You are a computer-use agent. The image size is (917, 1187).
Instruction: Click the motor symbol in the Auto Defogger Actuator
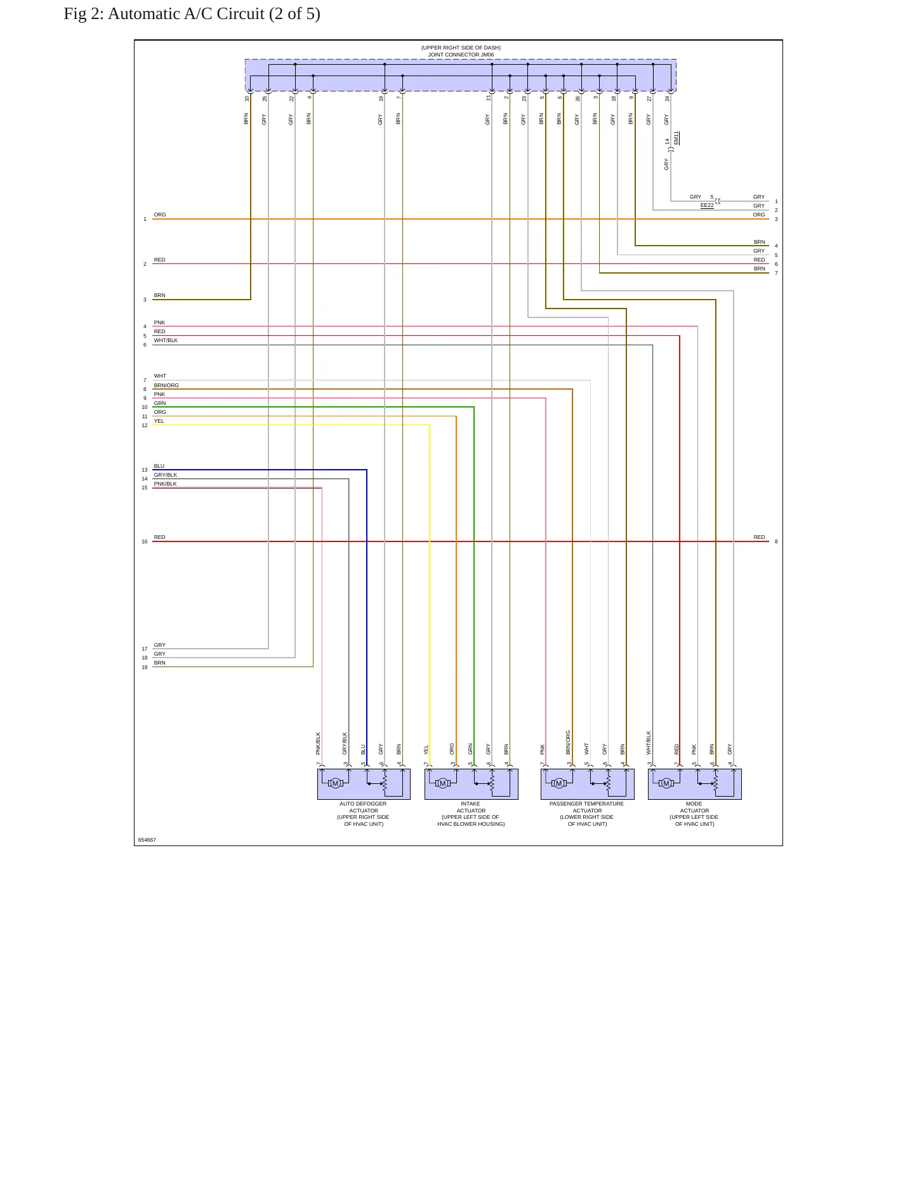pyautogui.click(x=336, y=783)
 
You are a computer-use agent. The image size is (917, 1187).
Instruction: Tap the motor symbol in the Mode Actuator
pyautogui.click(x=666, y=783)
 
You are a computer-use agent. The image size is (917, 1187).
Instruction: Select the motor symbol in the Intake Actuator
pyautogui.click(x=443, y=783)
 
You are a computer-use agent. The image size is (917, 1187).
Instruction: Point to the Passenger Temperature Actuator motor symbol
pyautogui.click(x=559, y=783)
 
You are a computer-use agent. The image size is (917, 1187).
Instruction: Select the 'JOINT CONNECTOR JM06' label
pyautogui.click(x=461, y=55)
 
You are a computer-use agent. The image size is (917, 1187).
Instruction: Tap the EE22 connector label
pyautogui.click(x=707, y=205)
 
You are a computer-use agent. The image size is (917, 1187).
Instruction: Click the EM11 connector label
pyautogui.click(x=676, y=138)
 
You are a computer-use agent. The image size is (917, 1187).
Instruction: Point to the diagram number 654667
pyautogui.click(x=147, y=840)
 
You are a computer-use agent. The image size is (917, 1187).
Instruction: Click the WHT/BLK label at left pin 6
pyautogui.click(x=166, y=340)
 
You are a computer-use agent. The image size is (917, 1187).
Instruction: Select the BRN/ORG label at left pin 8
pyautogui.click(x=166, y=385)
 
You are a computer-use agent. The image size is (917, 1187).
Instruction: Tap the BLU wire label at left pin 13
pyautogui.click(x=159, y=466)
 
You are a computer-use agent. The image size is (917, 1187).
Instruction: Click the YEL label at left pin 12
pyautogui.click(x=159, y=421)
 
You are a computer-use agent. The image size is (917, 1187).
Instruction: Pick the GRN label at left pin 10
pyautogui.click(x=160, y=403)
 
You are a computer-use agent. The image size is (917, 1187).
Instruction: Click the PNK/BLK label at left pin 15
pyautogui.click(x=165, y=484)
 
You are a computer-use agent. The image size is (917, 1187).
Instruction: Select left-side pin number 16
pyautogui.click(x=145, y=541)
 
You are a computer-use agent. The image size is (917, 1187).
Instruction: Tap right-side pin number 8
pyautogui.click(x=776, y=541)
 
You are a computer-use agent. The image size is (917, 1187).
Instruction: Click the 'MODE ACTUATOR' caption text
pyautogui.click(x=694, y=807)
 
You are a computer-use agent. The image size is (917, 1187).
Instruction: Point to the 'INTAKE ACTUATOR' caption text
pyautogui.click(x=471, y=807)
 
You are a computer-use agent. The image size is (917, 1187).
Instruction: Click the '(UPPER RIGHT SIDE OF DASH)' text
pyautogui.click(x=461, y=48)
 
